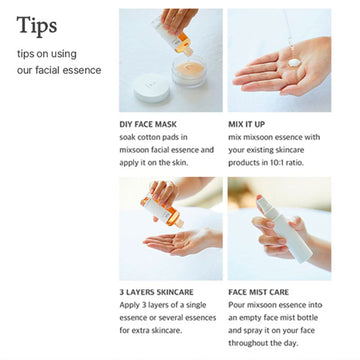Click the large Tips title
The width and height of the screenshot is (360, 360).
pyautogui.click(x=36, y=24)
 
